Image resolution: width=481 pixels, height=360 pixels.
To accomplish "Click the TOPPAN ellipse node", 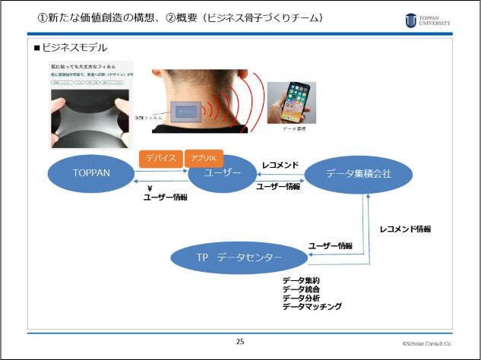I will coord(92,174).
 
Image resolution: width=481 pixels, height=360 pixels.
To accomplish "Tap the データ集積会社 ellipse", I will coord(359,174).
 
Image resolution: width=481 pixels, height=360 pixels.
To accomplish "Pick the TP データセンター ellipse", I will coord(239,258).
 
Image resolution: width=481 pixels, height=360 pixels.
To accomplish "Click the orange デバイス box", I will coord(160,159).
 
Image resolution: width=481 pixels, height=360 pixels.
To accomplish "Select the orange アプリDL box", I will coord(203,159).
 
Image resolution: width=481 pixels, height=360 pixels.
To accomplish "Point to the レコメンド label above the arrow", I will coord(280,164).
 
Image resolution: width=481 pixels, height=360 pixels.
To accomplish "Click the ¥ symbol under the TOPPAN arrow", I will coord(150,188).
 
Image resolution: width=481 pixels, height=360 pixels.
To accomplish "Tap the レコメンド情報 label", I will coord(410,229).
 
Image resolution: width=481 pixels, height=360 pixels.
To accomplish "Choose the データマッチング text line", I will coord(312,306).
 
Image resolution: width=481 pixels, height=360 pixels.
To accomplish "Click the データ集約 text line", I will coord(301,280).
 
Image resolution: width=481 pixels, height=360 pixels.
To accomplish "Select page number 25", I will coord(240,341).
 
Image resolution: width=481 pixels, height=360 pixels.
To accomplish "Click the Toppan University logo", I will coord(427,19).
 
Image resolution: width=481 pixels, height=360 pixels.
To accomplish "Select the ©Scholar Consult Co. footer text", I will coord(427,343).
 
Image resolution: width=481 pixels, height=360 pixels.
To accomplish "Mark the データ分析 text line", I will coord(301,298).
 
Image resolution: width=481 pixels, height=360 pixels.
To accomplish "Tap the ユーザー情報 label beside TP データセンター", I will coord(330,245).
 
